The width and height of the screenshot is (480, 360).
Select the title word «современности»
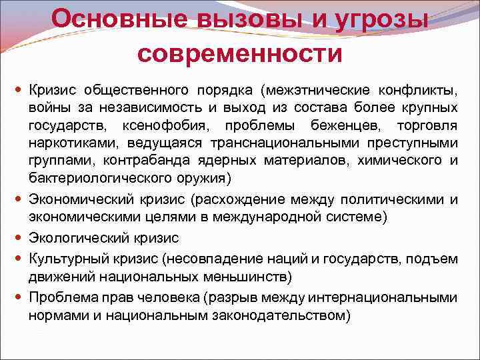pyautogui.click(x=240, y=51)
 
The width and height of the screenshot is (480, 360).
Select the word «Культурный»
pyautogui.click(x=69, y=257)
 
